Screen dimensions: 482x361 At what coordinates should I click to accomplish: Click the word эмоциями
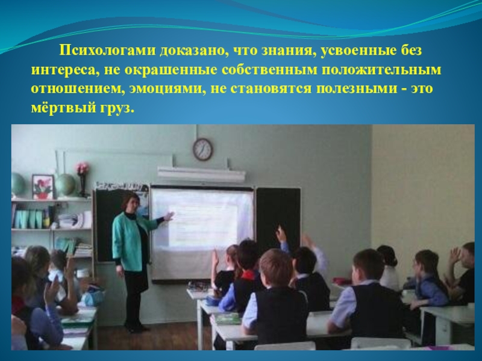(168, 89)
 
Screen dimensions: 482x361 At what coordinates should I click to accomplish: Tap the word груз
(117, 109)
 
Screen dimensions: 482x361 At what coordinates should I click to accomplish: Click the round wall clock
(202, 149)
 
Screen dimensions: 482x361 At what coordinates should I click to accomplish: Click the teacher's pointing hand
(169, 217)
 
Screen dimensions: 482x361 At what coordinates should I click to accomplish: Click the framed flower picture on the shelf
(43, 187)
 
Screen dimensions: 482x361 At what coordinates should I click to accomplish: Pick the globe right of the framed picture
(65, 185)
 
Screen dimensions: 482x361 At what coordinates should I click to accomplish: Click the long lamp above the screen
(201, 174)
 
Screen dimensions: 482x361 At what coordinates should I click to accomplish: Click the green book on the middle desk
(228, 318)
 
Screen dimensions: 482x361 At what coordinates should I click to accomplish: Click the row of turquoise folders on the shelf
(29, 218)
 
